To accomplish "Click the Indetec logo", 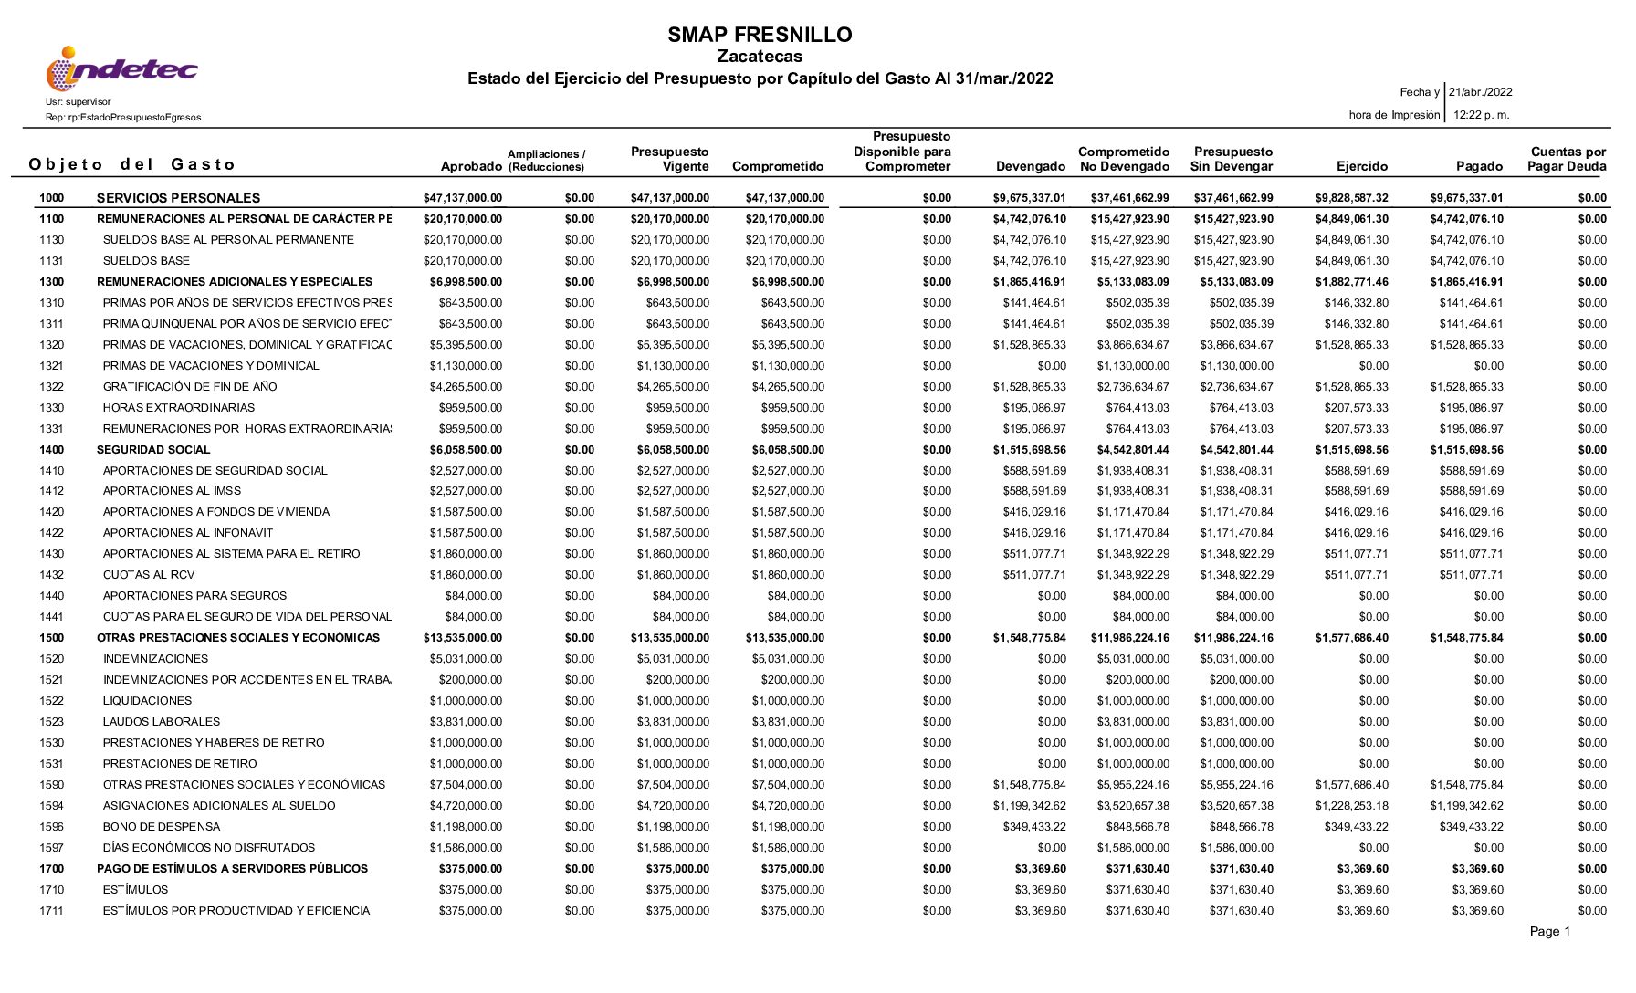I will tap(121, 69).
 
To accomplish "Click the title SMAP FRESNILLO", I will tap(760, 36).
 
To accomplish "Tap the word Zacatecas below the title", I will tap(760, 57).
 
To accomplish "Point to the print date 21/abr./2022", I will tap(1481, 92).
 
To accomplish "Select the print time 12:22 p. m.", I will tap(1481, 115).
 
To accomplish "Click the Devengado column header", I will tap(1031, 167).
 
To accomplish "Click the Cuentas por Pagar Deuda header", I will tap(1568, 160).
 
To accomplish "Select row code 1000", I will tap(52, 198).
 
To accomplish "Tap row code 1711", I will tap(52, 911).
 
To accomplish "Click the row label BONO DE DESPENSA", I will tap(162, 827).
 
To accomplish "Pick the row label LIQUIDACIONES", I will tap(147, 701).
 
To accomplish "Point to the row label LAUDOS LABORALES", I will tap(162, 722).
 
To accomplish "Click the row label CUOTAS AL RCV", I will tap(149, 575).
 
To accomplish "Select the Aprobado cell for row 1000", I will tap(462, 198).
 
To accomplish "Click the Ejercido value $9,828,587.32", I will tap(1351, 198).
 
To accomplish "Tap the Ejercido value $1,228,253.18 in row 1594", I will tap(1351, 806).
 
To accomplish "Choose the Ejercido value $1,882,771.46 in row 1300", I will tap(1351, 282).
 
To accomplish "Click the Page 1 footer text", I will tap(1550, 932).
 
